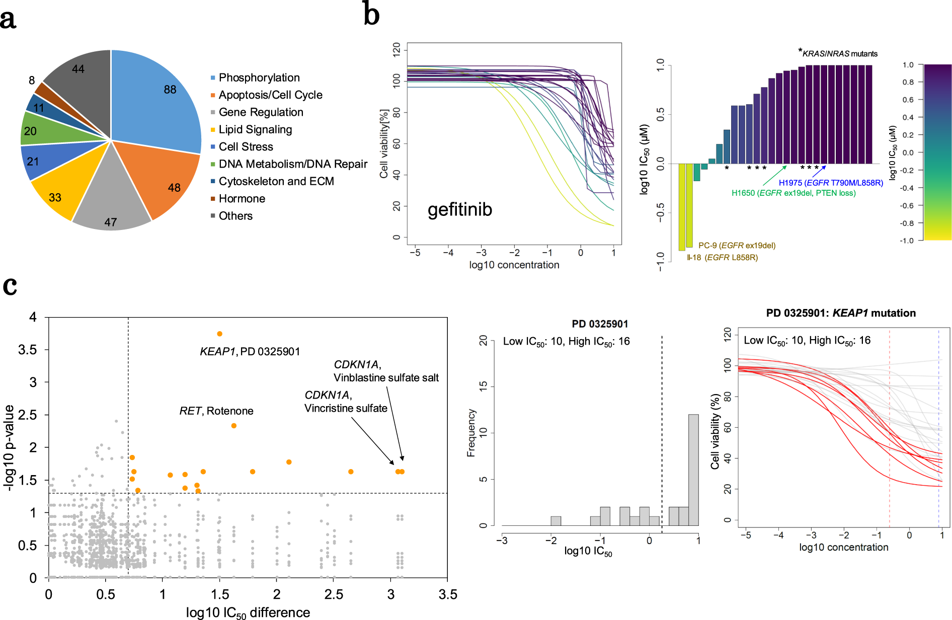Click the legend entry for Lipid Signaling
click(x=255, y=130)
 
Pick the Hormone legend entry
click(x=242, y=199)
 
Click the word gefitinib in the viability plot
click(x=459, y=209)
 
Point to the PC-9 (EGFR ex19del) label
click(x=737, y=246)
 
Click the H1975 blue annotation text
click(x=831, y=183)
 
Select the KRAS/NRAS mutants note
click(x=839, y=53)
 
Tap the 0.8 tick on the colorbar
click(x=908, y=82)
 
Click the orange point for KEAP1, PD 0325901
click(x=219, y=334)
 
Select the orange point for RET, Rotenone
click(x=233, y=426)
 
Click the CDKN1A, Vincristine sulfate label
click(x=346, y=402)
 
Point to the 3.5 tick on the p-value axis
click(x=28, y=350)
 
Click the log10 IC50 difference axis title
click(x=248, y=612)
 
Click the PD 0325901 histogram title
click(x=600, y=324)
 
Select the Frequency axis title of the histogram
click(x=471, y=433)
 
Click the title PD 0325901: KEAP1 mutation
click(x=840, y=313)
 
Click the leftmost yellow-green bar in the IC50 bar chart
click(x=682, y=206)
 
